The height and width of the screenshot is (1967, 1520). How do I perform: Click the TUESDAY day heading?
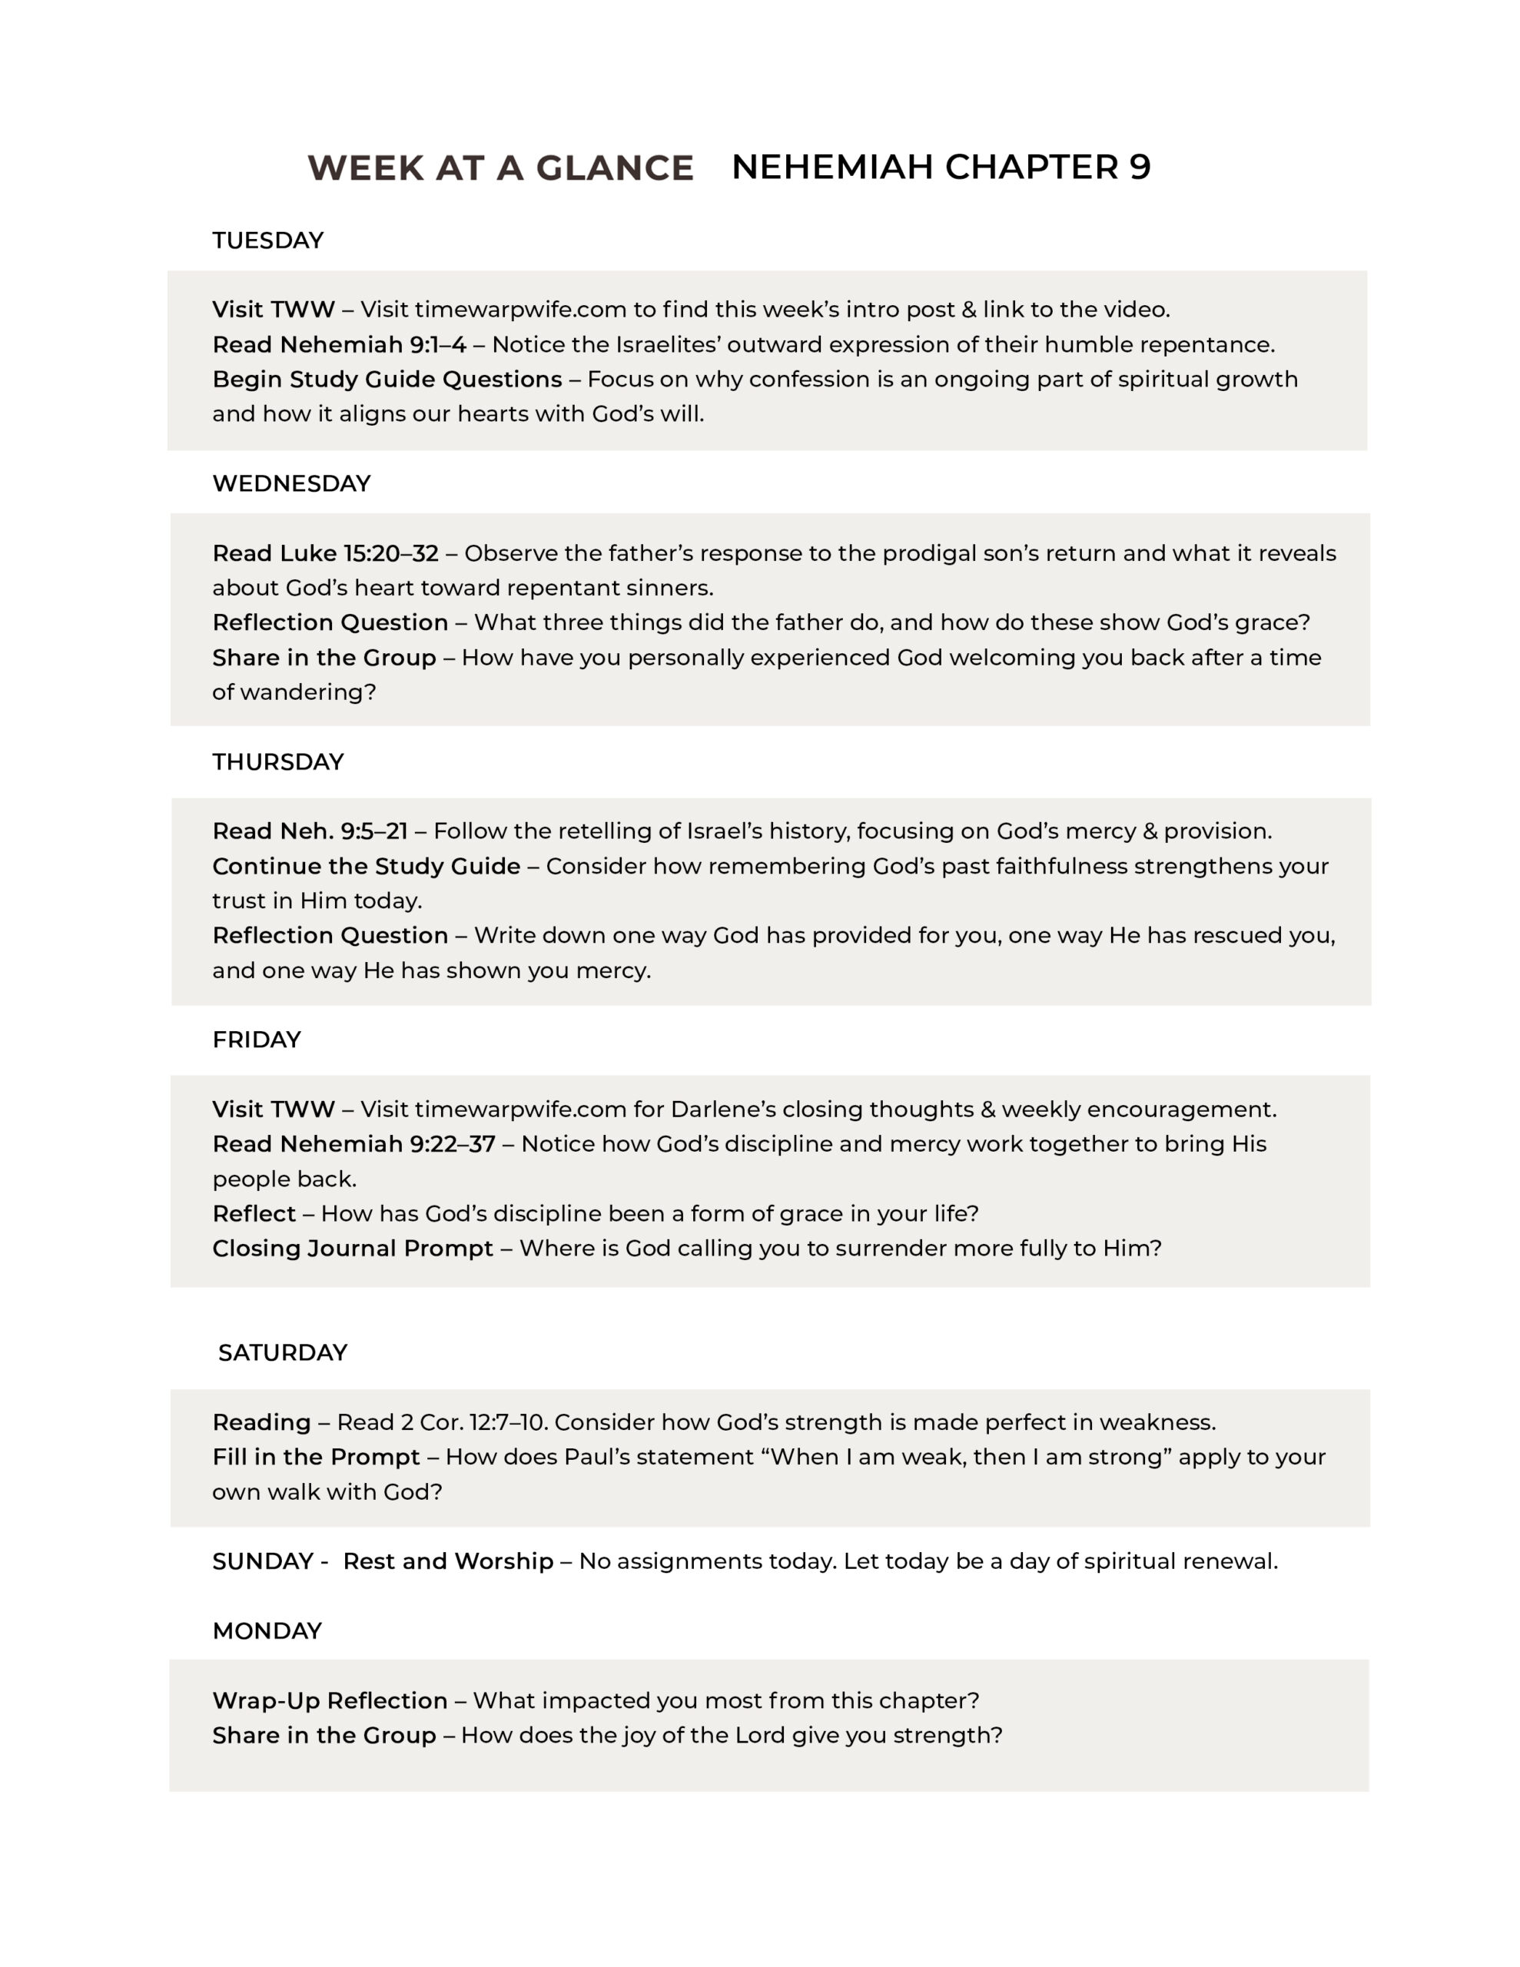point(267,240)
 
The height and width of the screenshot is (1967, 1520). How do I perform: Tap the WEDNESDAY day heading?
point(291,483)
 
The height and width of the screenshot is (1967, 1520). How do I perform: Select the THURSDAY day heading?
point(277,762)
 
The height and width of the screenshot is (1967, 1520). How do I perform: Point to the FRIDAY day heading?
point(256,1040)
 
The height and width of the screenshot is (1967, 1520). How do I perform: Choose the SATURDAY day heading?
point(282,1353)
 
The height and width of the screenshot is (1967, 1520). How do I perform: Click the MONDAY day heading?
point(267,1631)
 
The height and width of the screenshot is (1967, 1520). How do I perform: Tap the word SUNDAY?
point(262,1562)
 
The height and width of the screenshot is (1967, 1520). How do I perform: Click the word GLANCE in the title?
point(615,168)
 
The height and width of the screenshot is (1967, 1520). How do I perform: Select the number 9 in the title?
point(1139,167)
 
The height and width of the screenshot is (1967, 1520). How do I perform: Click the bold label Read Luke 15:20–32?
point(325,553)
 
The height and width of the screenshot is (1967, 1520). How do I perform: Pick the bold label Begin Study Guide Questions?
point(387,379)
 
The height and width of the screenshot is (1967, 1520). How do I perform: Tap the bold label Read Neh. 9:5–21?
point(310,831)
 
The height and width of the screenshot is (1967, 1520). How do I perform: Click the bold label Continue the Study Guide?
point(366,867)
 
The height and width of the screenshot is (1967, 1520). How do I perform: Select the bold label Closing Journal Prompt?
point(352,1249)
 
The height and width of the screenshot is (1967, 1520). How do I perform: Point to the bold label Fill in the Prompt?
point(315,1458)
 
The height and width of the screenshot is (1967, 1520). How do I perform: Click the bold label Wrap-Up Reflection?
point(330,1700)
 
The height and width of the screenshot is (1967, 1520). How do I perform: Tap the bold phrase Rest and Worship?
point(448,1562)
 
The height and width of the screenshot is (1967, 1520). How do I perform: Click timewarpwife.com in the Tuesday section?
point(520,310)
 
